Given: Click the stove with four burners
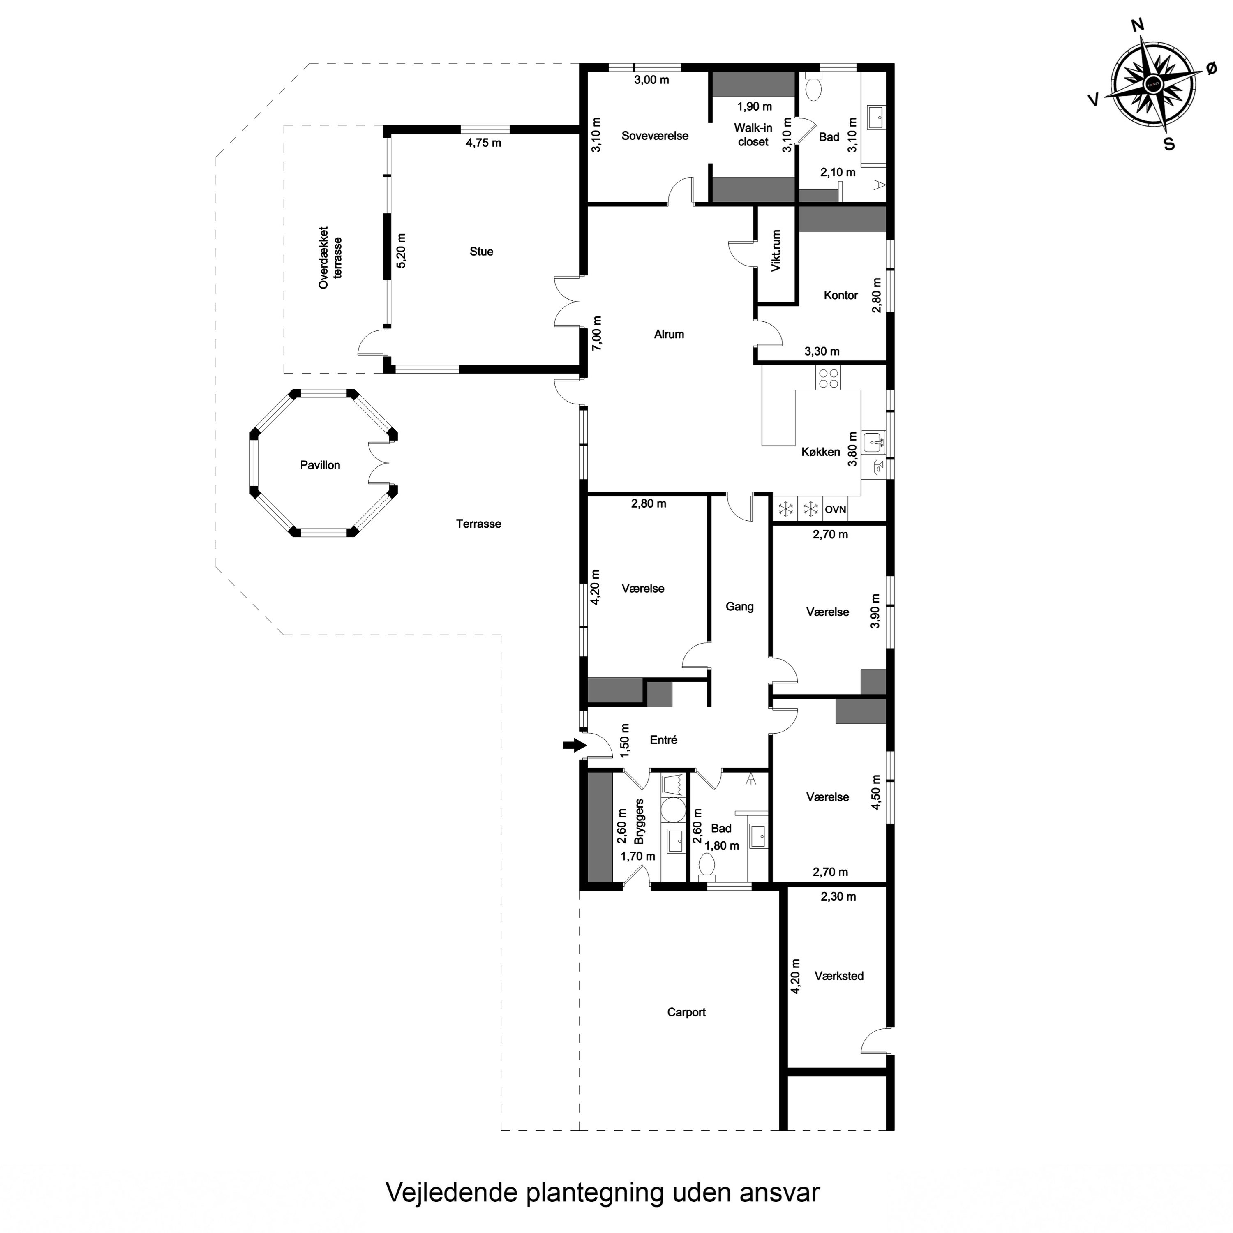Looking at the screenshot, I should click(x=829, y=379).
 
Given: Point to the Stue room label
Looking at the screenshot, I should click(x=481, y=252).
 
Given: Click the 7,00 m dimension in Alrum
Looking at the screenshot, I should click(x=597, y=333).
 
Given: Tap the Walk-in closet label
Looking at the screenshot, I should click(x=753, y=135).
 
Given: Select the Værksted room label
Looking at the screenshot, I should click(x=838, y=976).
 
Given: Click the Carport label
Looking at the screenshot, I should click(x=686, y=1012).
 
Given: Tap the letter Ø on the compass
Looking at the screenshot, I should click(x=1211, y=69).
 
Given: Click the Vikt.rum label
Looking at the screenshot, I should click(x=776, y=251).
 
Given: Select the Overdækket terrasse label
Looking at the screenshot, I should click(x=330, y=257).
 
